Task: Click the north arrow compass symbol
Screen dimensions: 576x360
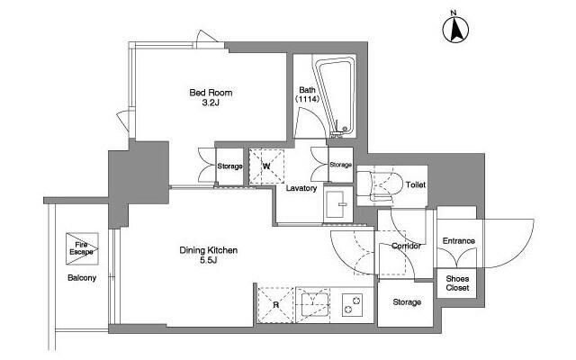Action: [x=455, y=29]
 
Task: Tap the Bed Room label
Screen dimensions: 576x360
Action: [x=211, y=93]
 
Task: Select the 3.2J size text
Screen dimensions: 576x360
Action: [x=211, y=103]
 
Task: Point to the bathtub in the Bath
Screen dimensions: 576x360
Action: [x=335, y=96]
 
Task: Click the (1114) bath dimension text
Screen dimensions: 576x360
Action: [x=307, y=99]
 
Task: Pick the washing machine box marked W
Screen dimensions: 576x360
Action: [x=266, y=166]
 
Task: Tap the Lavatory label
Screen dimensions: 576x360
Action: [x=301, y=188]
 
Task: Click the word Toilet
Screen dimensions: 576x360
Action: [x=416, y=184]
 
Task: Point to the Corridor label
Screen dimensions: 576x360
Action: [x=406, y=246]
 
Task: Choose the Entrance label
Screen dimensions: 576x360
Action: [x=458, y=241]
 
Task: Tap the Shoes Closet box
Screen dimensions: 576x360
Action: [x=457, y=283]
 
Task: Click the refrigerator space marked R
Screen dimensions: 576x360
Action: [x=276, y=304]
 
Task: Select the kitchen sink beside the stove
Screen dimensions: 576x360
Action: [x=312, y=305]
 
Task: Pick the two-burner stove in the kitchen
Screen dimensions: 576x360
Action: [x=352, y=305]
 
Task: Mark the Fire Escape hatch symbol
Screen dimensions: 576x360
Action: [x=82, y=248]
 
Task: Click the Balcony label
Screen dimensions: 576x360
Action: [x=82, y=278]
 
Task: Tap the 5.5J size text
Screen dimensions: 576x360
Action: [x=208, y=260]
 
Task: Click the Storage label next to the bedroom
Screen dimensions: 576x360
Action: [x=230, y=166]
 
